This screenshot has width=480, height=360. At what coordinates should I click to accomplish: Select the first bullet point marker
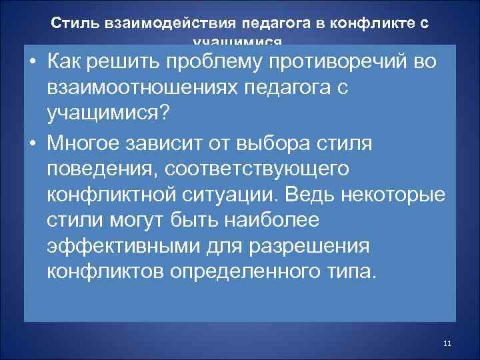coord(33,63)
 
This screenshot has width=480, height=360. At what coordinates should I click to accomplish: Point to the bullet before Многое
coord(33,146)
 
